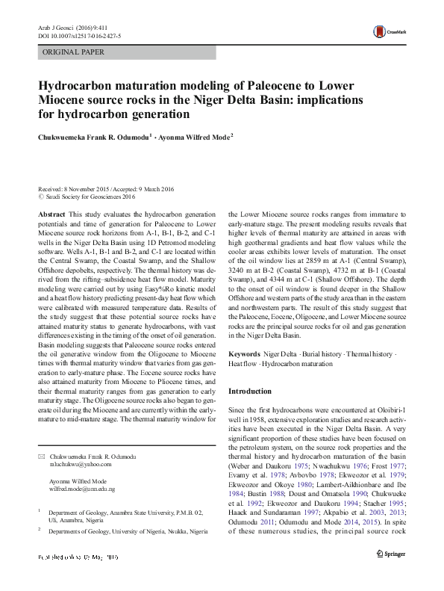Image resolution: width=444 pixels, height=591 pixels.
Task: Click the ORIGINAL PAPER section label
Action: [x=73, y=52]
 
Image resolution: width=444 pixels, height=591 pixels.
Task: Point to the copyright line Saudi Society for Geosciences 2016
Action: [x=90, y=197]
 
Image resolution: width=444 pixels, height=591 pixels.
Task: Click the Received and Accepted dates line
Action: [x=105, y=188]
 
